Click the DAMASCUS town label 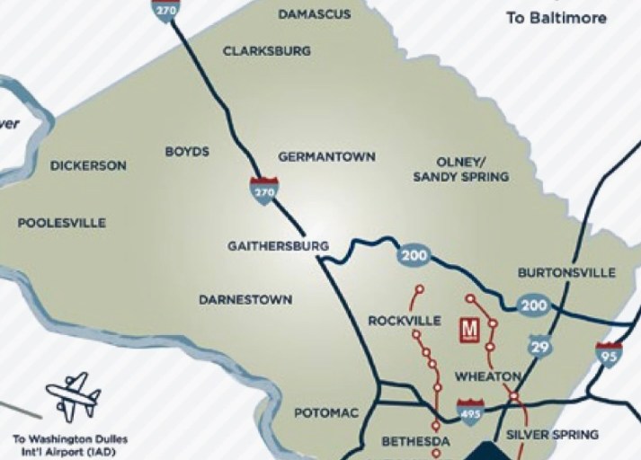tap(314, 14)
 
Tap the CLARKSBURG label tap(267, 51)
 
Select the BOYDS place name tap(187, 152)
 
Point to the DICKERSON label tap(88, 166)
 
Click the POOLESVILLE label tap(62, 223)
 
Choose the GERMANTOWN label tap(326, 156)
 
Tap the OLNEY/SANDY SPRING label tap(460, 169)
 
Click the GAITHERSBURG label tap(278, 245)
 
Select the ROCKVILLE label tap(405, 321)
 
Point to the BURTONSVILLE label tap(566, 272)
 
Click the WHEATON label tap(488, 376)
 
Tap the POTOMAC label tap(326, 412)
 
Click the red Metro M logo tap(468, 330)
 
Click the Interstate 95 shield tap(609, 353)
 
